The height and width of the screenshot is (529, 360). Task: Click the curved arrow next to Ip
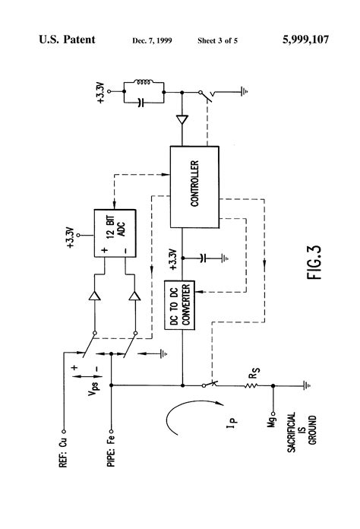tap(179, 419)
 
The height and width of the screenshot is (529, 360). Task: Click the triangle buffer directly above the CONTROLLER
tap(182, 120)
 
